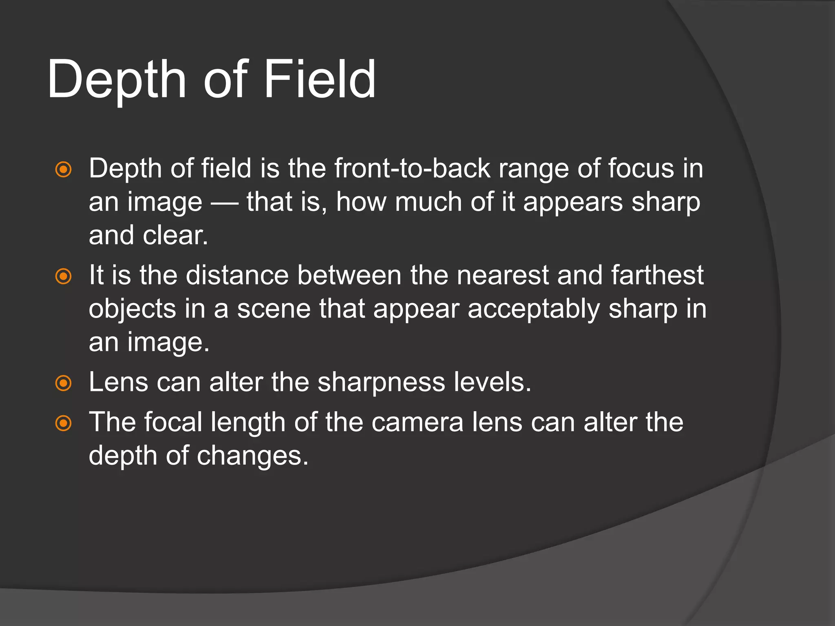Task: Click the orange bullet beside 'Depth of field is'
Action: (x=63, y=169)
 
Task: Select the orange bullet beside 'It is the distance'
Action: (x=63, y=276)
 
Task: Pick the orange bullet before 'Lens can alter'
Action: (x=63, y=383)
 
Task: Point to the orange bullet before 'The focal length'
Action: (x=63, y=423)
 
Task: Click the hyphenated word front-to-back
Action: (x=412, y=168)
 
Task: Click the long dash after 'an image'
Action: (x=225, y=203)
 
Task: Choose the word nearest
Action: (x=503, y=275)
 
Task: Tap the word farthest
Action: (x=657, y=275)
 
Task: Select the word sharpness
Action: (x=381, y=383)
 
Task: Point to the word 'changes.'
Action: (x=253, y=456)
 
